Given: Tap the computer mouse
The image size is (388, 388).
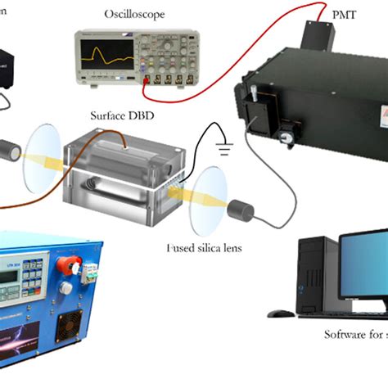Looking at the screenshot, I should [281, 312].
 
